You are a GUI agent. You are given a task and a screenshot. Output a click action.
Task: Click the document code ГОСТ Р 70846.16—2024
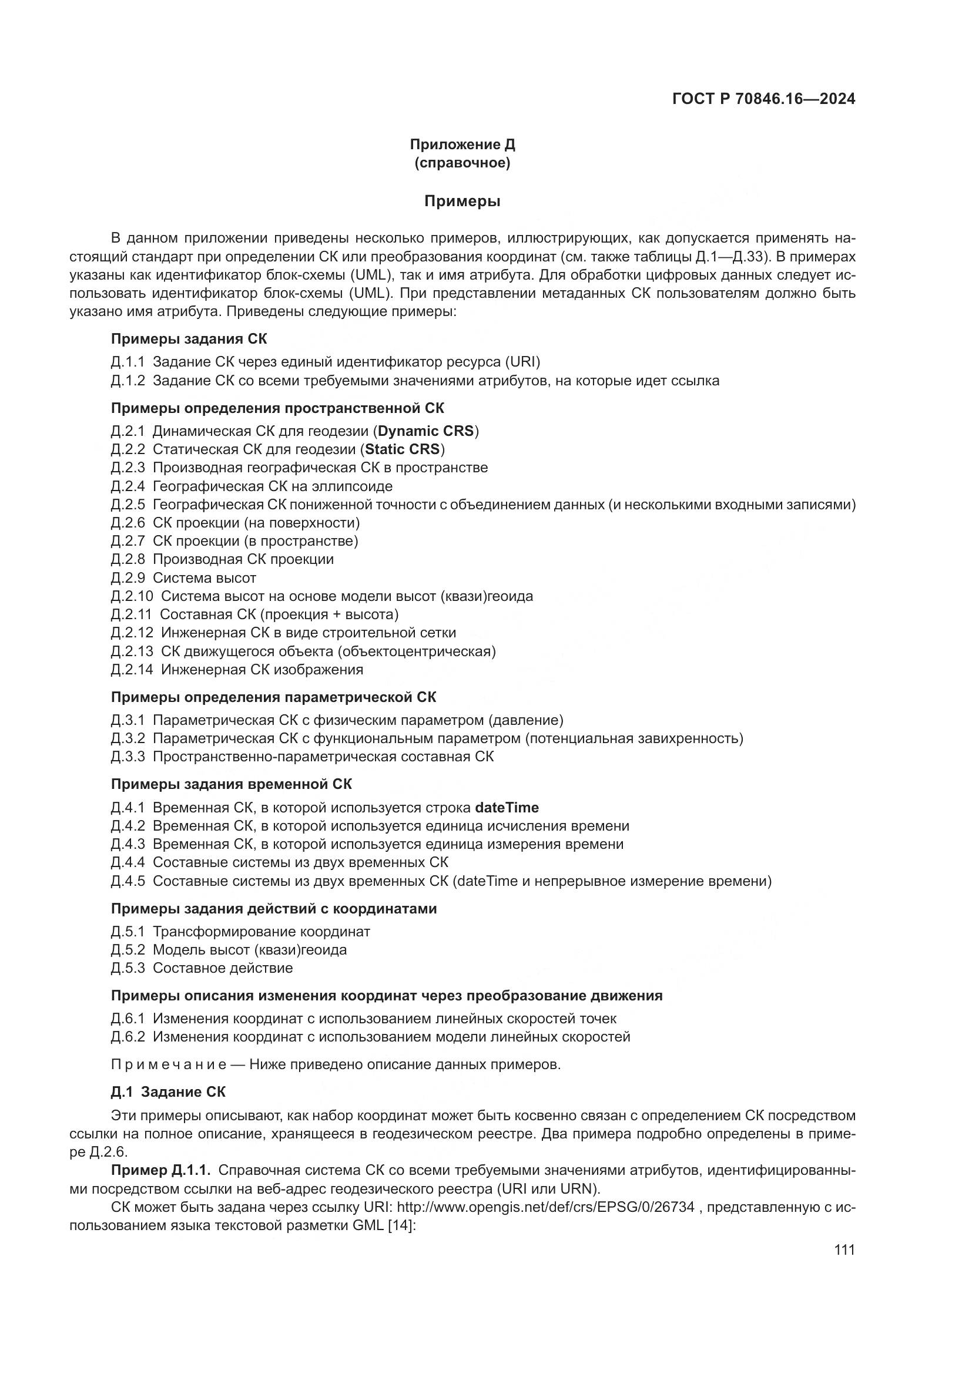point(764,99)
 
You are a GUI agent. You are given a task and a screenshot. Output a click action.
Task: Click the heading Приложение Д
point(462,145)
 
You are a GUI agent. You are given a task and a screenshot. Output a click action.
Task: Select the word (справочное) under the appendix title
point(462,163)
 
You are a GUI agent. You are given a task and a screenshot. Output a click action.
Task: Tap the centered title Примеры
point(462,201)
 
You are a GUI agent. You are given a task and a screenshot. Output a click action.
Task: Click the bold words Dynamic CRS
point(425,431)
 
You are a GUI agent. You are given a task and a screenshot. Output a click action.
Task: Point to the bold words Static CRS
point(402,449)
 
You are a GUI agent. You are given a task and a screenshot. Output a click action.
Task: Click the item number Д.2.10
point(132,596)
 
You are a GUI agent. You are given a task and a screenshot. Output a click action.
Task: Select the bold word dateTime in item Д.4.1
point(507,808)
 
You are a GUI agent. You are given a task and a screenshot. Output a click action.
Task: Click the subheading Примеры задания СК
point(189,339)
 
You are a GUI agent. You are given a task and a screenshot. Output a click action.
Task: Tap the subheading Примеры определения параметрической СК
point(273,697)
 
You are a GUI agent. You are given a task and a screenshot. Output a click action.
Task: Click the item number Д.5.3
point(128,967)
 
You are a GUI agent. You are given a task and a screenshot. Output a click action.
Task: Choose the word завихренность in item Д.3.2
point(692,738)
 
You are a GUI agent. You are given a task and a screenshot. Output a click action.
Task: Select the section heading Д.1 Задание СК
point(168,1092)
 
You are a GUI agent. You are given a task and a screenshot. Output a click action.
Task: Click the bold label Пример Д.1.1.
point(160,1170)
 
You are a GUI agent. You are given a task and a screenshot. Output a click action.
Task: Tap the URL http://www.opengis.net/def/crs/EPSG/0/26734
point(545,1207)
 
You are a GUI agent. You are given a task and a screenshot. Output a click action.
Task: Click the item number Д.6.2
point(128,1036)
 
